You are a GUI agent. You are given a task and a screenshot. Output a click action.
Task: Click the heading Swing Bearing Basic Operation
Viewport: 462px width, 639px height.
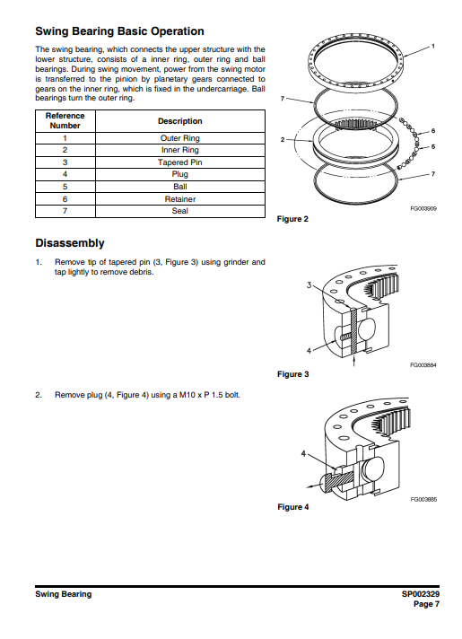click(119, 31)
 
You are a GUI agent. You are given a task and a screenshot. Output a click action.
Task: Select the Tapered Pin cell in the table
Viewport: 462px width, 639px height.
click(180, 162)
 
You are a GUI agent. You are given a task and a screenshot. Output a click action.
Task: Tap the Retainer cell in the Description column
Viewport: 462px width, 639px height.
click(180, 199)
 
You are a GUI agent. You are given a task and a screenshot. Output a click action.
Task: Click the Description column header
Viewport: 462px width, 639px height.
click(180, 121)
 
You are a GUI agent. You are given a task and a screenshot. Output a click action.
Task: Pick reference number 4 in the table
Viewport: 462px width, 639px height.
click(65, 174)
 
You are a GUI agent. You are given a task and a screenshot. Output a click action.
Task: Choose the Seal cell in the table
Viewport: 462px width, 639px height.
click(180, 211)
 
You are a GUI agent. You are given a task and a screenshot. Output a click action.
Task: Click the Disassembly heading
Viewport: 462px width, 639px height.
click(70, 243)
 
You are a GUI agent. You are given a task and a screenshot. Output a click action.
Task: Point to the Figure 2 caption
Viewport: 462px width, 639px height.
click(292, 219)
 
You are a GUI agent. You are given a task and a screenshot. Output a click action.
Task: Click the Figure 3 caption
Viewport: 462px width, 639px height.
click(293, 374)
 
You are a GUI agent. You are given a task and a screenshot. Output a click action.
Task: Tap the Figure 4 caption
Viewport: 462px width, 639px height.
click(293, 507)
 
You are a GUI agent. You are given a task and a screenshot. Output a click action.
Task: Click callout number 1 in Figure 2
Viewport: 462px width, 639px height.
click(433, 46)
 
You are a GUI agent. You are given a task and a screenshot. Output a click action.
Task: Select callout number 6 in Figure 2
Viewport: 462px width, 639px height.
click(433, 131)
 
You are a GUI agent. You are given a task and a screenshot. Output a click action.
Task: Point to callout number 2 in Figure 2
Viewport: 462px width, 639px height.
click(283, 139)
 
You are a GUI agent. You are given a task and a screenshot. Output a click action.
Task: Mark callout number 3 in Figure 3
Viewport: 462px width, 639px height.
click(309, 284)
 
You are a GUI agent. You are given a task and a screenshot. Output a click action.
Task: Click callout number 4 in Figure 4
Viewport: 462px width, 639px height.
click(303, 453)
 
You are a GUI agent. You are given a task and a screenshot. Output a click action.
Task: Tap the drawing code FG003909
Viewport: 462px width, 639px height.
click(423, 208)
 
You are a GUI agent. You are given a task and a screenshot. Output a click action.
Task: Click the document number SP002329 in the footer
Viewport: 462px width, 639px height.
click(421, 594)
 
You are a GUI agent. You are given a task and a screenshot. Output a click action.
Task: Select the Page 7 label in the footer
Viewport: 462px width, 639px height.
click(426, 604)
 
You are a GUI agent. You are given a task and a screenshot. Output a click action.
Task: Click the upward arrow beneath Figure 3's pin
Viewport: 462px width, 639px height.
click(353, 361)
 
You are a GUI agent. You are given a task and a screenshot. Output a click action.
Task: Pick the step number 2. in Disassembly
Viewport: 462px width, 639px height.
click(39, 395)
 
